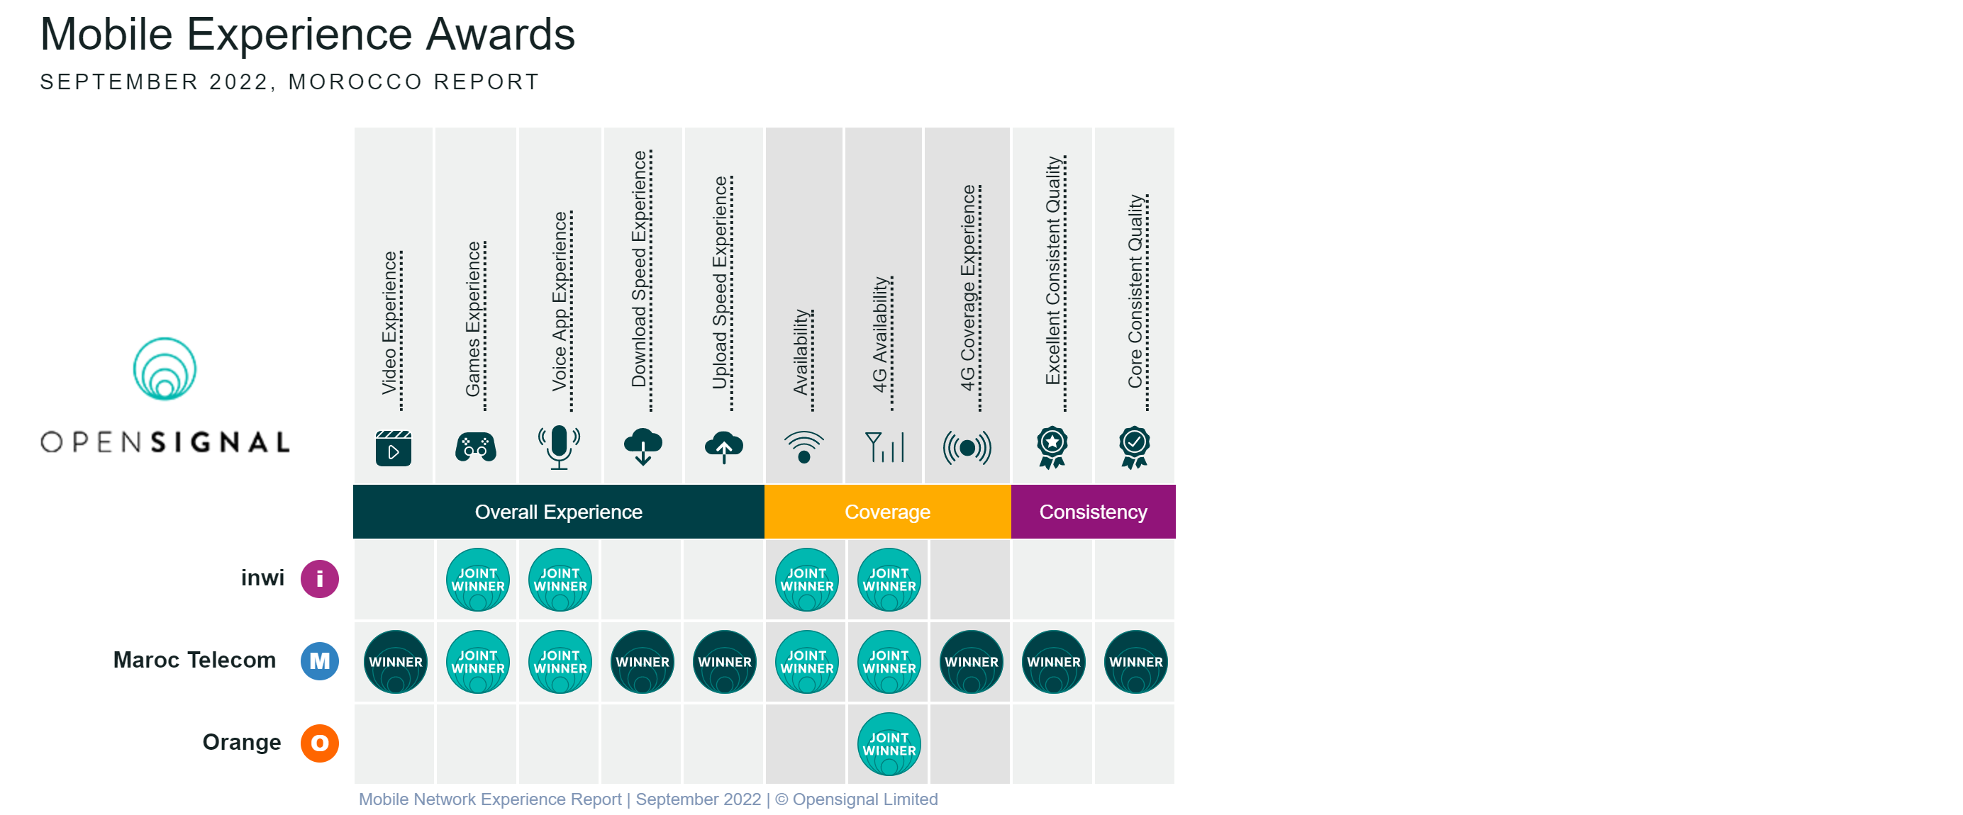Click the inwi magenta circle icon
[319, 579]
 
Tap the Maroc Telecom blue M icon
[319, 661]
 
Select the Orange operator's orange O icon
[319, 743]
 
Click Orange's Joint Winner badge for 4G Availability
[889, 744]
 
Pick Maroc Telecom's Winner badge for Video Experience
[396, 662]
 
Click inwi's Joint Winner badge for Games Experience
[478, 580]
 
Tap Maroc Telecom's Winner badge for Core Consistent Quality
[1135, 662]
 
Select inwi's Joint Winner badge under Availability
[807, 580]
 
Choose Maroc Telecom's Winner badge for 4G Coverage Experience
[971, 662]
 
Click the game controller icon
[476, 447]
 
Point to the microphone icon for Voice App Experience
[559, 447]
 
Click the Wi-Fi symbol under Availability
[804, 447]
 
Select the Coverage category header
[887, 512]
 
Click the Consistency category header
[1093, 512]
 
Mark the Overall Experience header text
[559, 512]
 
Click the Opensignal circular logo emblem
[165, 369]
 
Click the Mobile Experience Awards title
[308, 34]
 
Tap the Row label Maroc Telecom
[194, 660]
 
